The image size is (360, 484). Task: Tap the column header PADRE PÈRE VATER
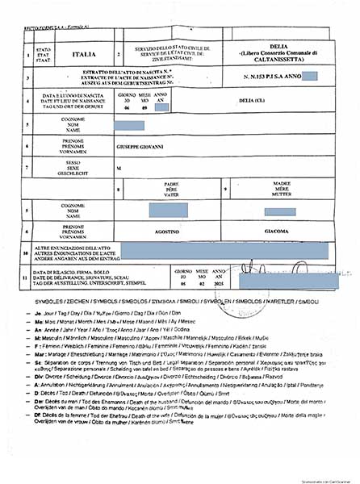170,187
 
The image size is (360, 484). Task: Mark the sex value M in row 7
119,167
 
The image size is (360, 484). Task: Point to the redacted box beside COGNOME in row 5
129,125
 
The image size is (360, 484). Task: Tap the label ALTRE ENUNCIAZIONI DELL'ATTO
74,248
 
